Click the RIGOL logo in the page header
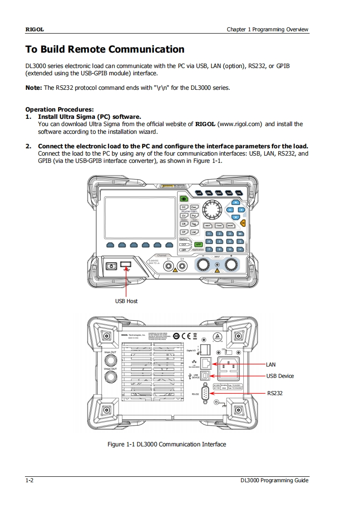(x=34, y=29)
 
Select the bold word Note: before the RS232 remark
(x=34, y=88)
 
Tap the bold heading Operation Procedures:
(x=59, y=109)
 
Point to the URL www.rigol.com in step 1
(x=241, y=124)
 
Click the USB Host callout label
(x=126, y=301)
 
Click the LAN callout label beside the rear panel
(x=271, y=364)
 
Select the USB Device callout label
(x=280, y=376)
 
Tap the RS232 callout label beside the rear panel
(x=275, y=393)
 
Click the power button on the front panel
(x=111, y=266)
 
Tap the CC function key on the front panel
(x=184, y=207)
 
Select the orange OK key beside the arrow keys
(x=243, y=223)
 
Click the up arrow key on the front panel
(x=236, y=203)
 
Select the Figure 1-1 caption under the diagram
(x=167, y=444)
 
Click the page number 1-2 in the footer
(x=30, y=480)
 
